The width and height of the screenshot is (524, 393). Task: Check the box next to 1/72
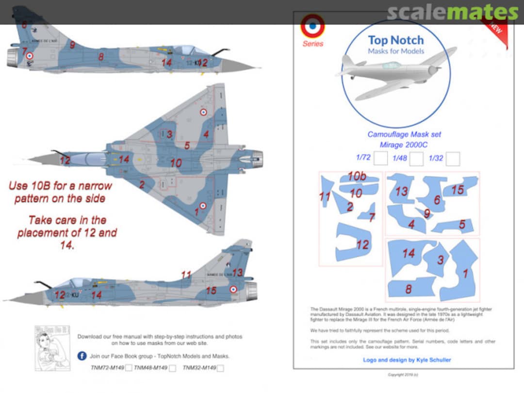(x=381, y=159)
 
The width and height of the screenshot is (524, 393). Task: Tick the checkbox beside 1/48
(x=416, y=159)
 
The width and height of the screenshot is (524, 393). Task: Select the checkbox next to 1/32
(x=453, y=159)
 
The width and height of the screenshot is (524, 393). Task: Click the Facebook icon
(x=82, y=356)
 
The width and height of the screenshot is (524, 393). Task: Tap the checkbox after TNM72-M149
(x=129, y=368)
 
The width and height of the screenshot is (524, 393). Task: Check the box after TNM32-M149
(x=221, y=368)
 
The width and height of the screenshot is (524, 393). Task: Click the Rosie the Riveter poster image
(x=52, y=348)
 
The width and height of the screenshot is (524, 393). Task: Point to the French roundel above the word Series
(x=312, y=26)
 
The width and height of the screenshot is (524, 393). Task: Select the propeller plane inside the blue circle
(x=395, y=73)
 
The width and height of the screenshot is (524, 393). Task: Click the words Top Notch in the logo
(x=395, y=40)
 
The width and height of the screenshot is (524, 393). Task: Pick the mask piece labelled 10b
(x=359, y=178)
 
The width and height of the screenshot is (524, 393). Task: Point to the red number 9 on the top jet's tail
(x=72, y=45)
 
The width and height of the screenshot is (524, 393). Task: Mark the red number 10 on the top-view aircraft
(x=176, y=163)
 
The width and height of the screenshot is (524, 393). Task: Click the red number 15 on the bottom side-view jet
(x=211, y=291)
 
